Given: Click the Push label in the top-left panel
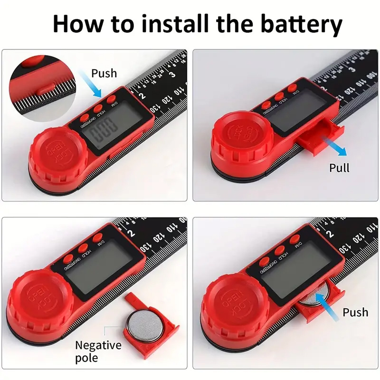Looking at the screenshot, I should click(104, 73).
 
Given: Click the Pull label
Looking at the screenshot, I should click(339, 168).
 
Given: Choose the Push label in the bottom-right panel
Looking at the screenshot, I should click(355, 312).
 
